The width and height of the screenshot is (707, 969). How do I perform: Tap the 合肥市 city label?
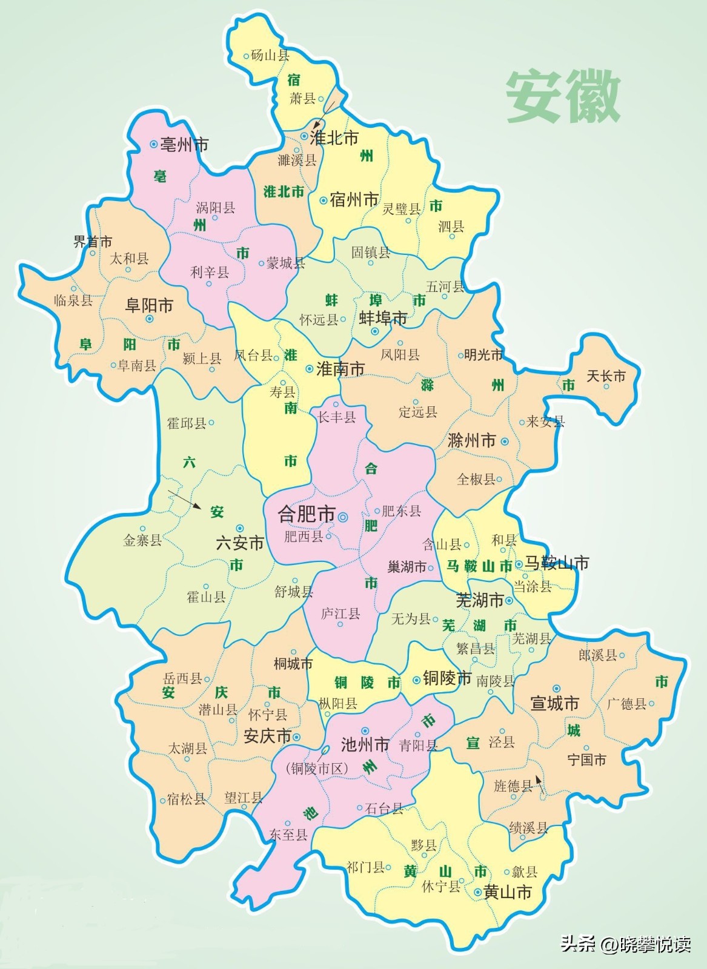point(307,514)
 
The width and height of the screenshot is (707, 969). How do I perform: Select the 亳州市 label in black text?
point(185,145)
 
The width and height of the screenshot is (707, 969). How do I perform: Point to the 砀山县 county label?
point(270,56)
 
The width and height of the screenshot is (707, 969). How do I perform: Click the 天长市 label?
point(606,376)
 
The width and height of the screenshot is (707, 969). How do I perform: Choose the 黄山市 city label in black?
point(508,892)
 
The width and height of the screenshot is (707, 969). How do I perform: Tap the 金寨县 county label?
point(142,540)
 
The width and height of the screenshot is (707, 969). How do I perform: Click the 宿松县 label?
point(187,799)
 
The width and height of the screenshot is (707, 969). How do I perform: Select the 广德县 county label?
point(626,703)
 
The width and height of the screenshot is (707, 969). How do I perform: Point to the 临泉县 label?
point(73,300)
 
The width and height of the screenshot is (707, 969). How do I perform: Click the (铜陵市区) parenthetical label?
point(317,769)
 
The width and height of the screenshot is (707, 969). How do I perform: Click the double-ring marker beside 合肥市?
point(343,517)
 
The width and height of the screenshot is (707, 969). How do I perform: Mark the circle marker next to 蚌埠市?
point(375,331)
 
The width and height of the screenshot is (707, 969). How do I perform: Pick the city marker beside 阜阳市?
point(149,319)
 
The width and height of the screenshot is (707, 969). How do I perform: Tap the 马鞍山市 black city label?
point(557,563)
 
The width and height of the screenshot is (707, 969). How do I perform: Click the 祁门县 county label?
point(365,867)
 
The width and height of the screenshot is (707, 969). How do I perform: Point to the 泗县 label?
point(451,227)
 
